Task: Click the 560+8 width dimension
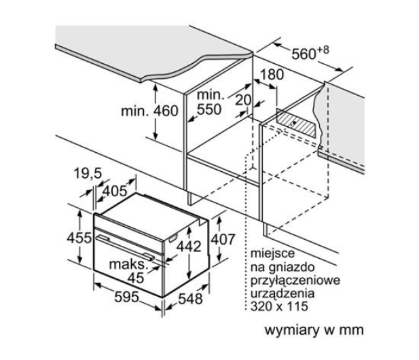310,53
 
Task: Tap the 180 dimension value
272,75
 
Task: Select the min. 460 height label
149,111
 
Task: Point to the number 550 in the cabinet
209,109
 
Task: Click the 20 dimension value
243,100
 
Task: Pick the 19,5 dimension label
88,173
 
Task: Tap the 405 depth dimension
115,191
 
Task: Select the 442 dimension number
189,247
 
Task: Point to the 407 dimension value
223,239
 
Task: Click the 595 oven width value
127,297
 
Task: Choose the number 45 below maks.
136,278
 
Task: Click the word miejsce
272,253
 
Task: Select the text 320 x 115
279,306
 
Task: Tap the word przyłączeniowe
295,281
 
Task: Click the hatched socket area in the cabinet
296,123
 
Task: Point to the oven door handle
125,247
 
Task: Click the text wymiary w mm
314,330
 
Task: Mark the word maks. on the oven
129,264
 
